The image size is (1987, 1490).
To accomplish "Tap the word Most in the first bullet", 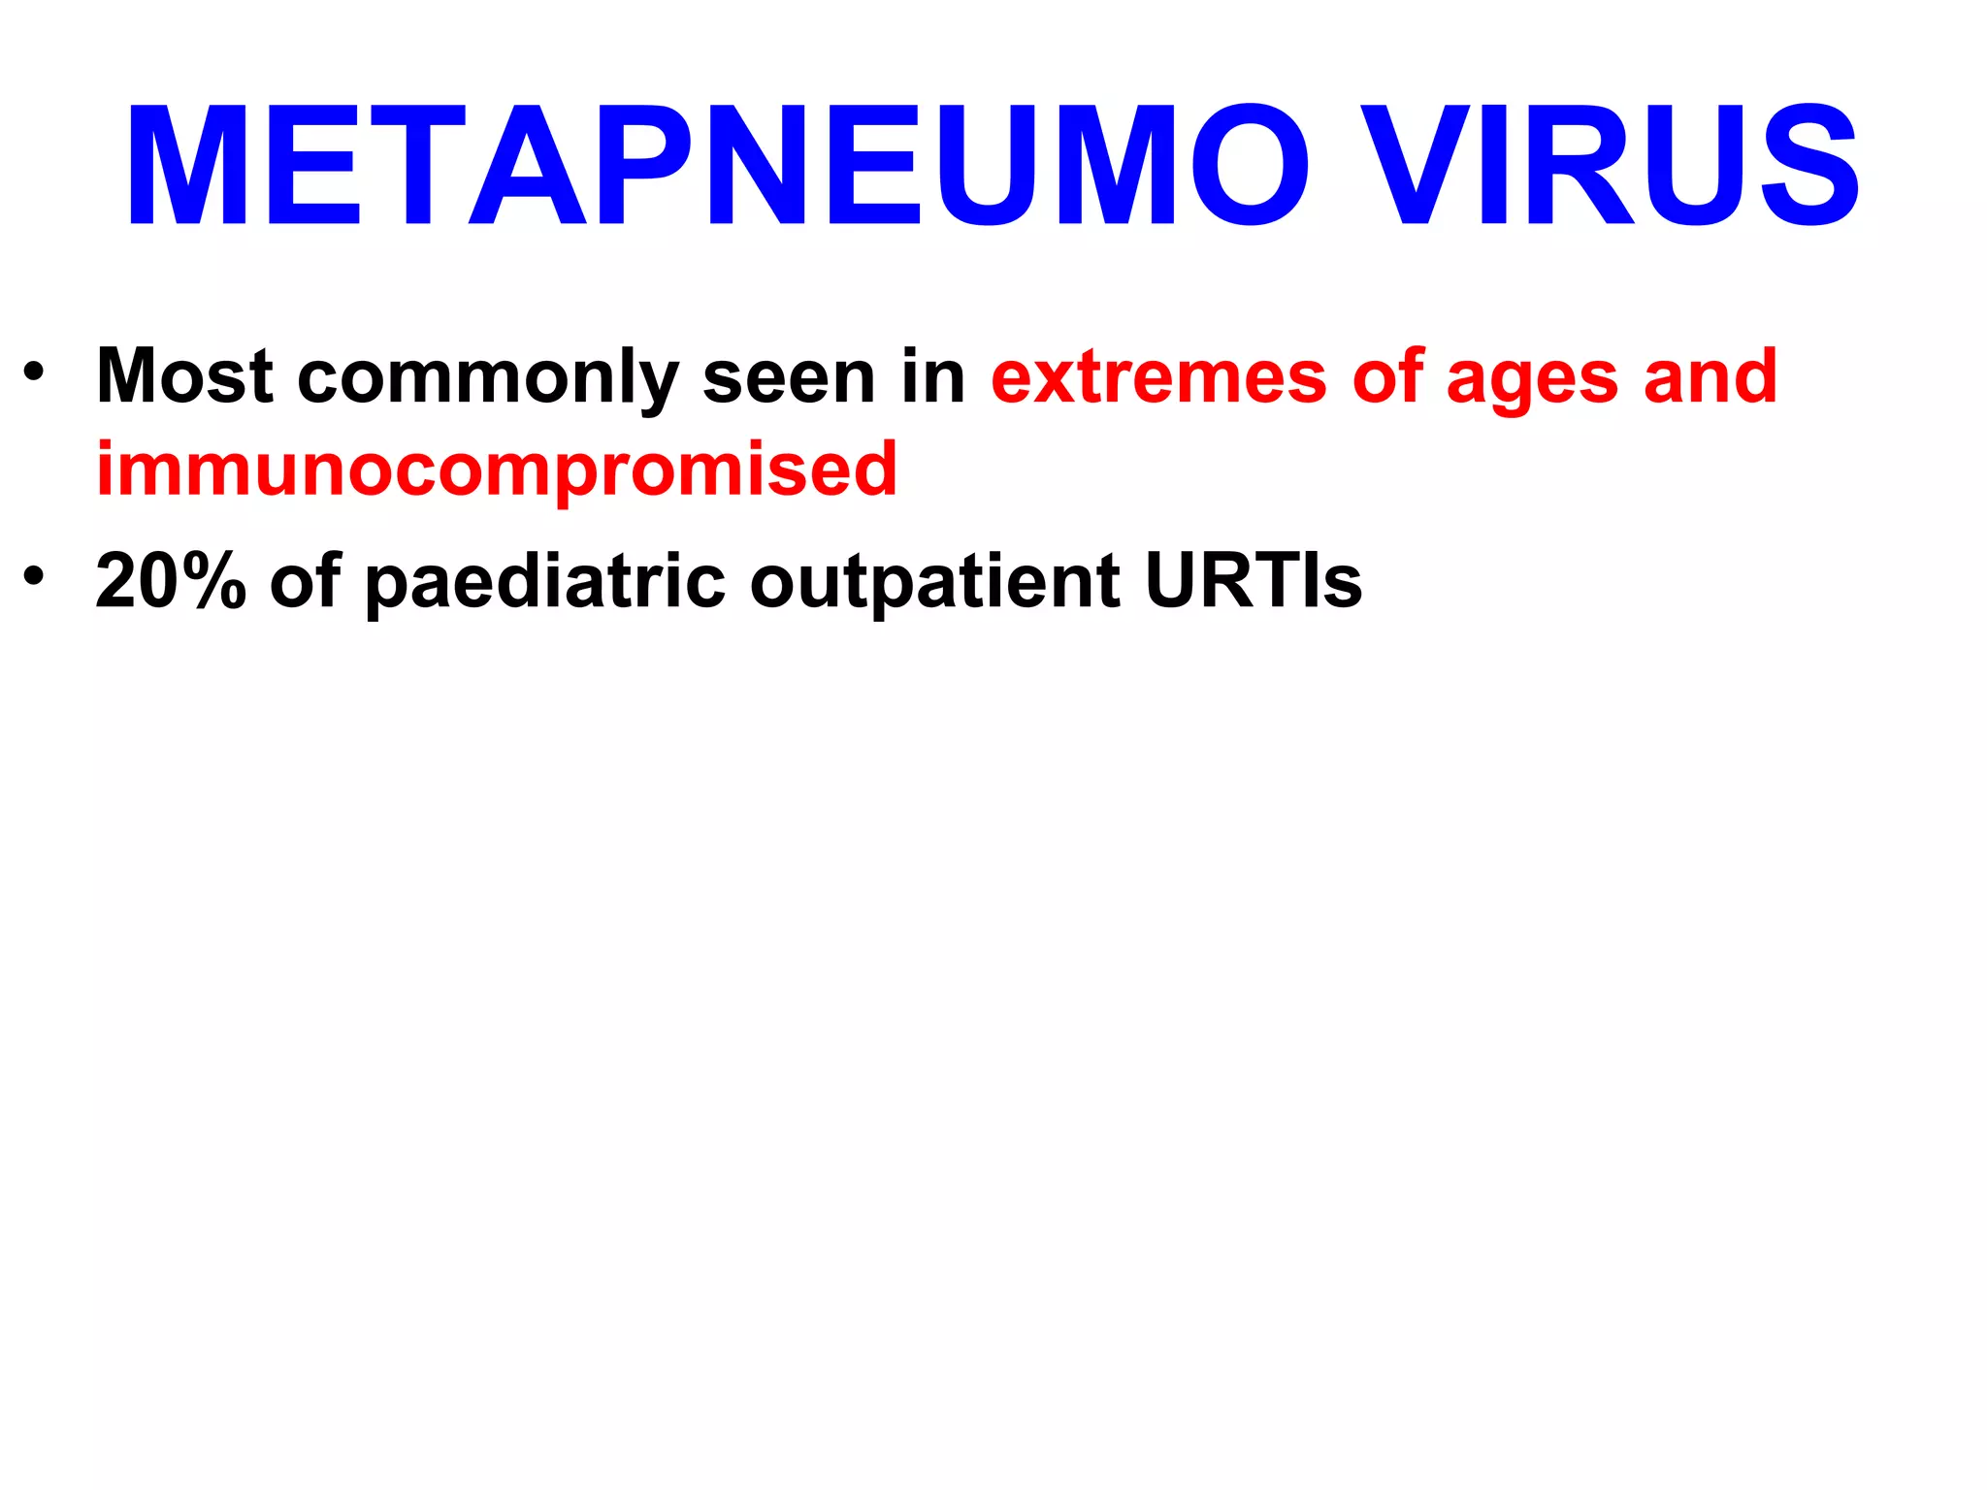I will coord(184,376).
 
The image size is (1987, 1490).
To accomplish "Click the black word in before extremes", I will coord(932,376).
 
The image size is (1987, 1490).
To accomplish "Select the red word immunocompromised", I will coord(497,471).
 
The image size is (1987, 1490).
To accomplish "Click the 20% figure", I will coord(171,582).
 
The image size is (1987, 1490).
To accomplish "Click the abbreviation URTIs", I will coord(1253,582).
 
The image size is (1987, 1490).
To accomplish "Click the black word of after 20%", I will coord(305,582).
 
